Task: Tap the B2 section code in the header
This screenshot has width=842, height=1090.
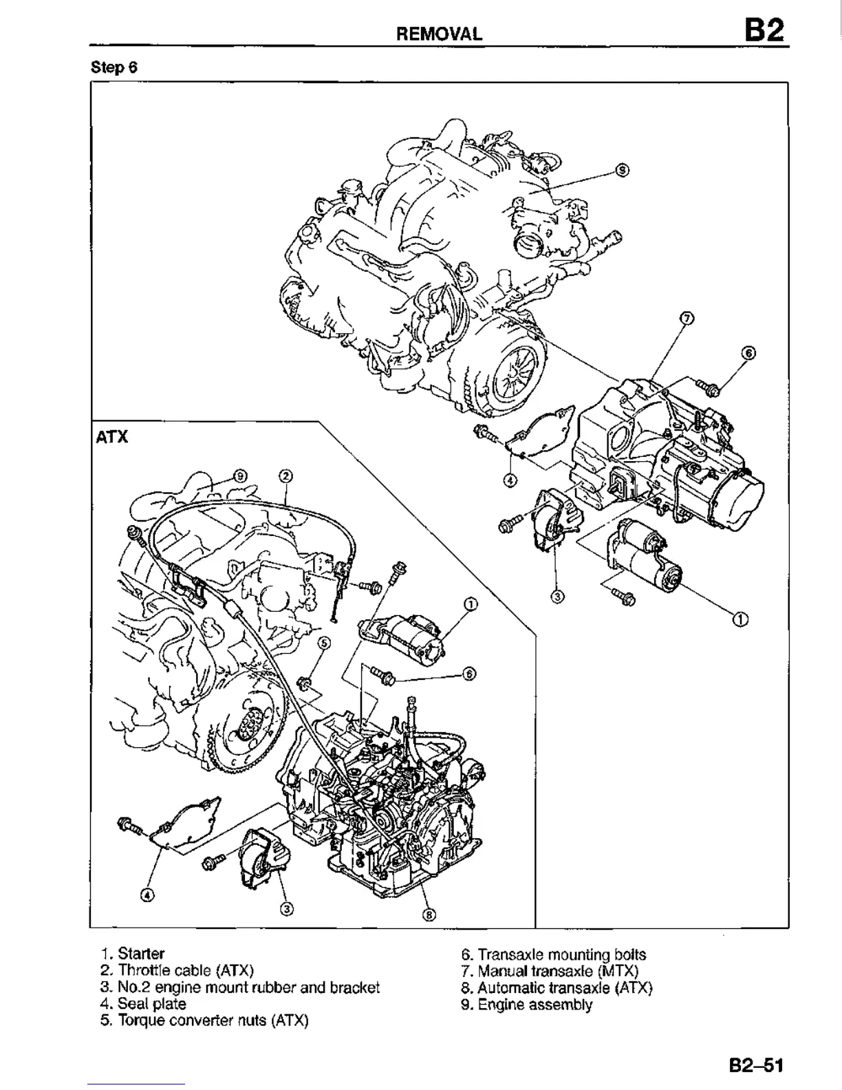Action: pos(763,31)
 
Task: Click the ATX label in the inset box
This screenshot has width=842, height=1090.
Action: pos(111,437)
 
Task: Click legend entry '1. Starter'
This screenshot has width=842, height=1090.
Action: pos(132,954)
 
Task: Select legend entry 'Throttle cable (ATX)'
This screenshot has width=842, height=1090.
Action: pos(177,970)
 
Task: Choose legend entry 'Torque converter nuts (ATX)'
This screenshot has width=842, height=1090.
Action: pos(204,1020)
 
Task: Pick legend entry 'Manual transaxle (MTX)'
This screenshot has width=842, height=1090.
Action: pos(550,971)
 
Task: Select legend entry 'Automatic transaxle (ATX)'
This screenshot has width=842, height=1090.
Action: pos(557,988)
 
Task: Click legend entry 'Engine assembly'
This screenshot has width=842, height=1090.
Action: pos(526,1005)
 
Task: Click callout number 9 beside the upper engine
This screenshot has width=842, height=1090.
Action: pos(621,170)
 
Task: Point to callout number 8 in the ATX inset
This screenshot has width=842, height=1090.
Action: pos(429,915)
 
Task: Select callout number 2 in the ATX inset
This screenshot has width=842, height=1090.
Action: pos(285,475)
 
